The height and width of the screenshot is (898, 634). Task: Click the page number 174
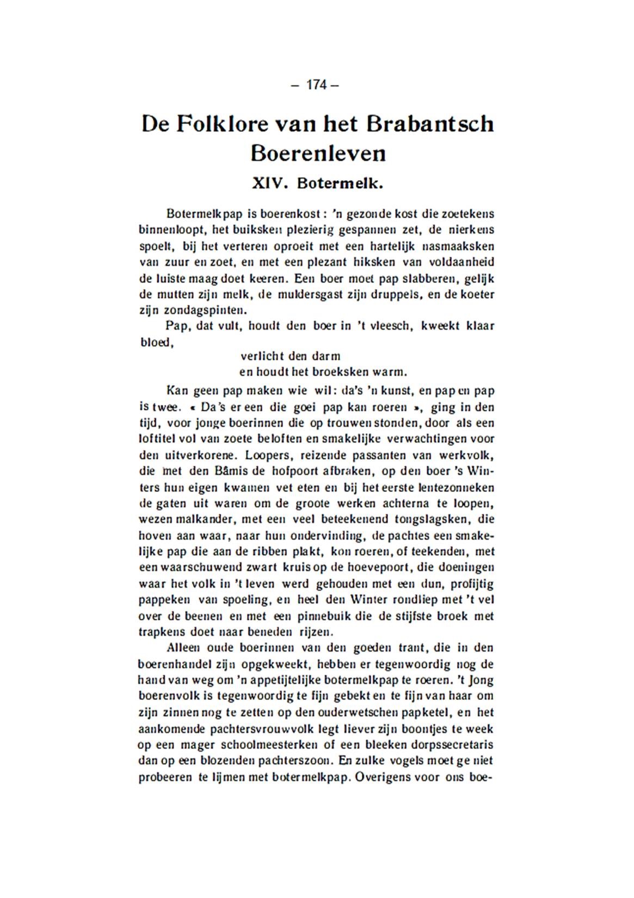[316, 85]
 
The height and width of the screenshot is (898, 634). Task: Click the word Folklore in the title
[224, 124]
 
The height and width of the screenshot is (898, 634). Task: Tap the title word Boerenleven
[318, 153]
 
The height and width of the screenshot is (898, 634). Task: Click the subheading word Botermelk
[341, 183]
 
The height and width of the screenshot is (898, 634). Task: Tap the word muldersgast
[322, 294]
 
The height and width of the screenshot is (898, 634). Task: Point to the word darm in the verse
[326, 356]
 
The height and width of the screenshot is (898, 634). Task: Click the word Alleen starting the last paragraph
[184, 648]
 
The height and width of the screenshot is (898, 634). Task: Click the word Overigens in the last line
[383, 777]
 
